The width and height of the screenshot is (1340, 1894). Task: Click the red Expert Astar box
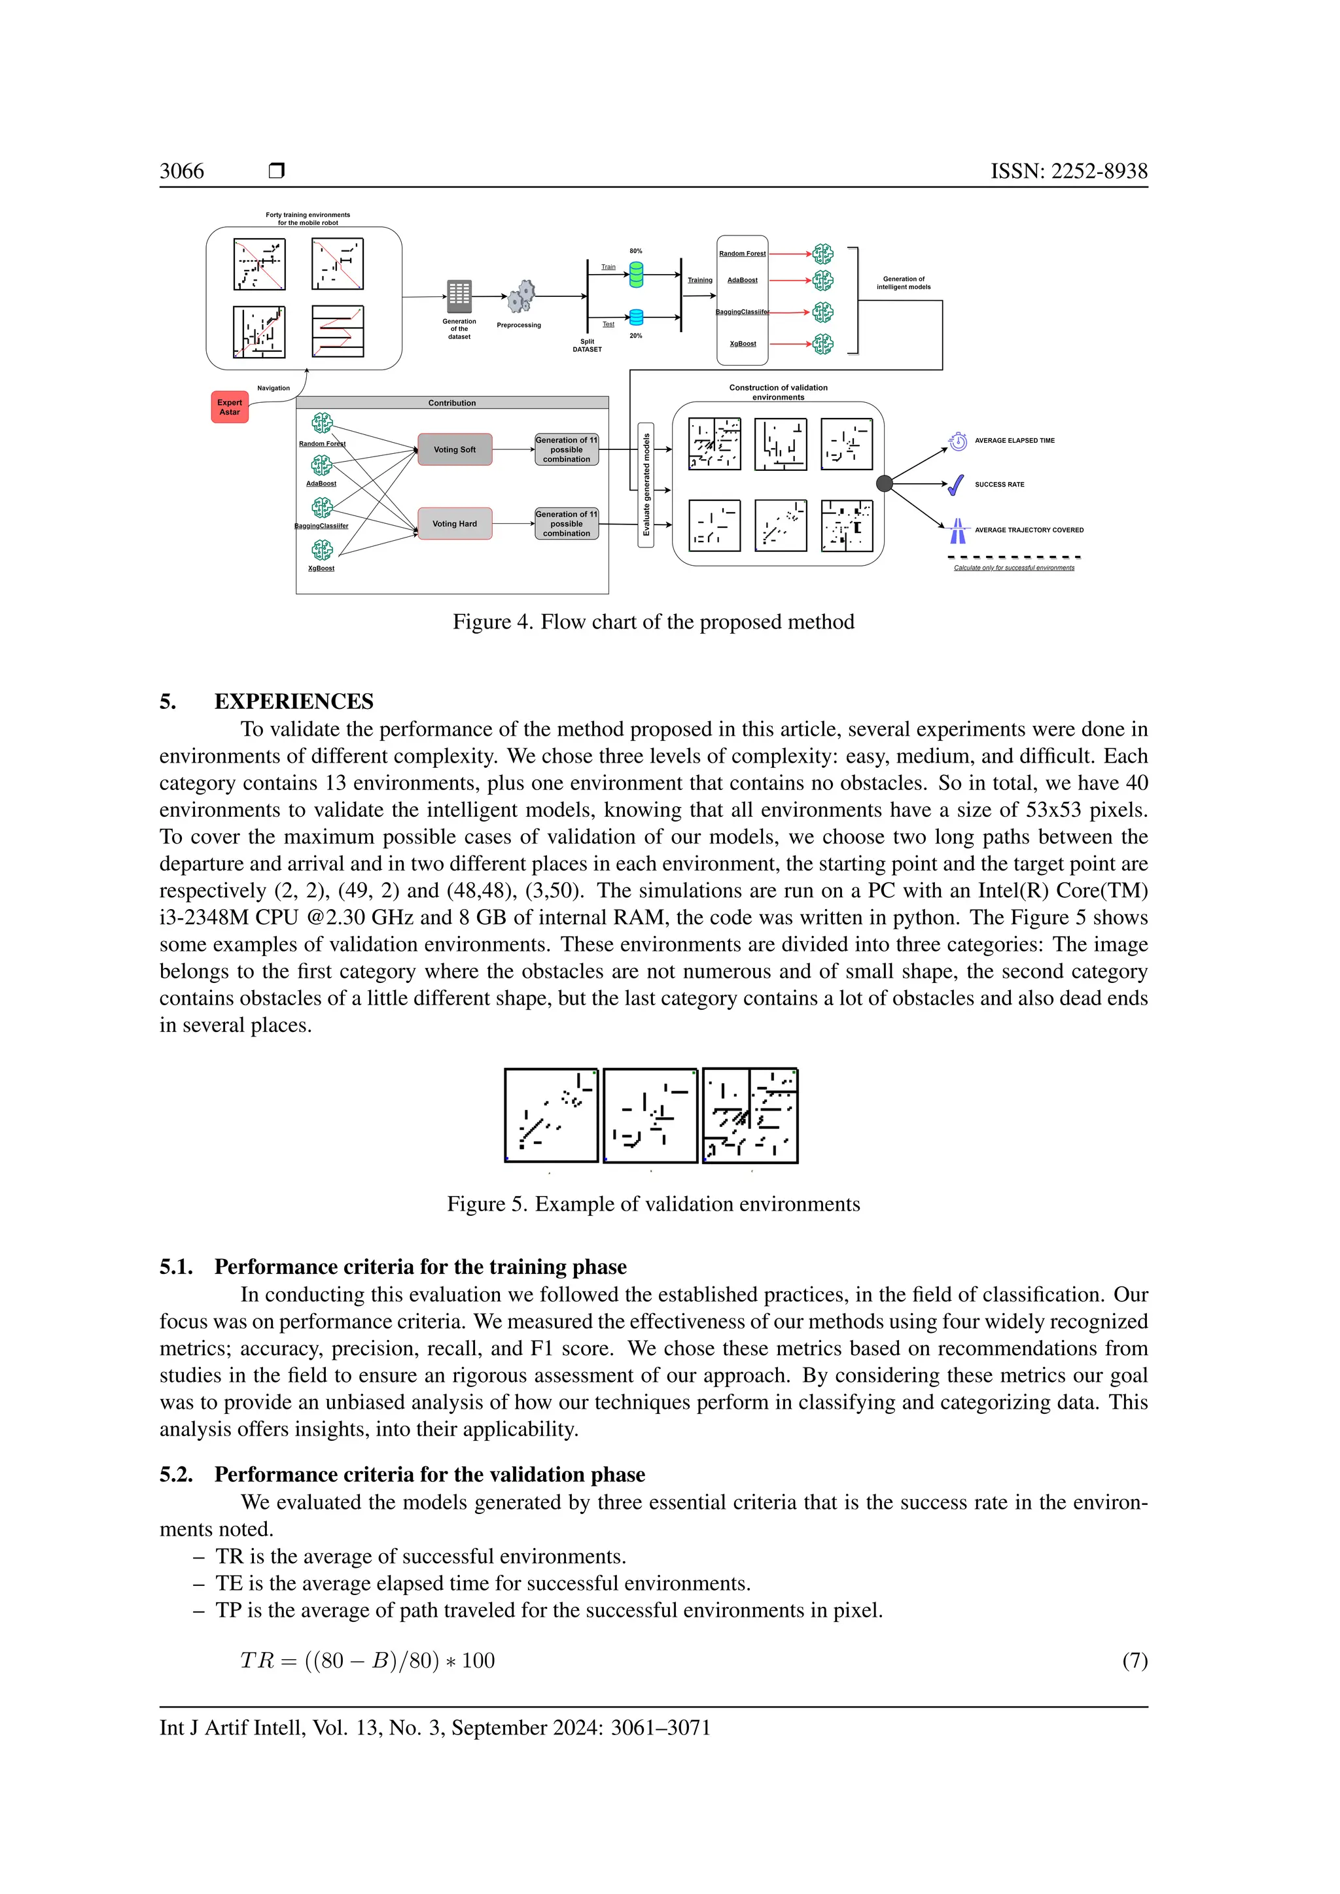point(230,407)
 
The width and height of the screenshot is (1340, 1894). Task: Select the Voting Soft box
point(455,449)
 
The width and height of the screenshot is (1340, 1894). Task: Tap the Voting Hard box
point(455,524)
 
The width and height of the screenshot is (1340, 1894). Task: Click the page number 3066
point(181,171)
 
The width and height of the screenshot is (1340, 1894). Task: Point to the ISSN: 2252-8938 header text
point(1068,171)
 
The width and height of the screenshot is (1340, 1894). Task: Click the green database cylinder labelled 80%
point(636,275)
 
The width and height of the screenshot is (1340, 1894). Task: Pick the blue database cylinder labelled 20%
point(636,318)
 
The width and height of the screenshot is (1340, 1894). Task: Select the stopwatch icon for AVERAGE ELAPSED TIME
point(958,441)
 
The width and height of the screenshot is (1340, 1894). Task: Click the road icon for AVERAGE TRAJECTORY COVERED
point(957,530)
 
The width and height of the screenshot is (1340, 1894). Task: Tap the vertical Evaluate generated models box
point(646,485)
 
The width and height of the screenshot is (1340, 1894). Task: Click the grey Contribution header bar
point(452,403)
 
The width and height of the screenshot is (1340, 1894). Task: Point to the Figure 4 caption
point(653,622)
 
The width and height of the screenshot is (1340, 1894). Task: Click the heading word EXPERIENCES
point(294,701)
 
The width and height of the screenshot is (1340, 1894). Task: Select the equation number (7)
point(1135,1661)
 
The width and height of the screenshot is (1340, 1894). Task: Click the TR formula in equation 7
point(367,1661)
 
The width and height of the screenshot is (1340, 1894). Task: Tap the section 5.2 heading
point(402,1474)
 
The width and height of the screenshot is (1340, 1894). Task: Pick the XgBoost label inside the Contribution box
point(321,568)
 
